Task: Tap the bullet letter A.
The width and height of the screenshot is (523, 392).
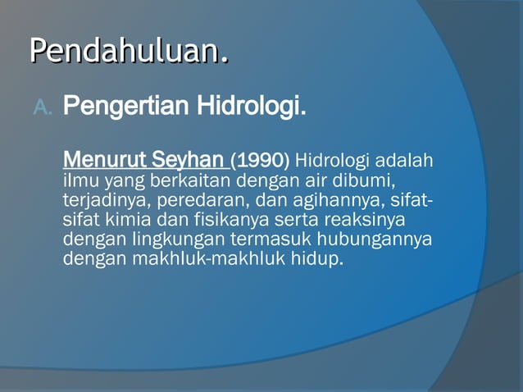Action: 42,107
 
